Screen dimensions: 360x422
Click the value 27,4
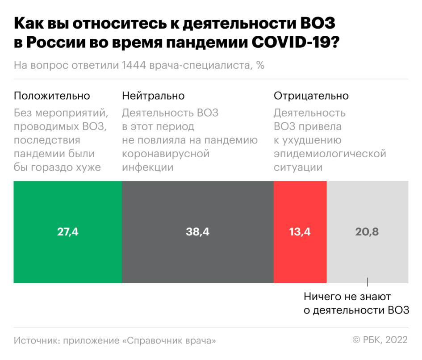point(68,232)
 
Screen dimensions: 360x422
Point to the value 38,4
point(197,232)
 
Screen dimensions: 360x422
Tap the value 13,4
point(300,232)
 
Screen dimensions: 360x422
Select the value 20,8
point(367,232)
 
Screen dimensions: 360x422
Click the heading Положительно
point(52,96)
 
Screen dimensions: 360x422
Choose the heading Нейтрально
point(153,96)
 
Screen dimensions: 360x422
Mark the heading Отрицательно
point(311,96)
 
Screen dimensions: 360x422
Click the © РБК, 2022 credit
point(380,340)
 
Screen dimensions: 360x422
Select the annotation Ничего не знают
point(347,297)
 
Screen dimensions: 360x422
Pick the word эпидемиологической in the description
point(330,154)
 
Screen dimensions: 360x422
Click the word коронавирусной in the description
point(166,154)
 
